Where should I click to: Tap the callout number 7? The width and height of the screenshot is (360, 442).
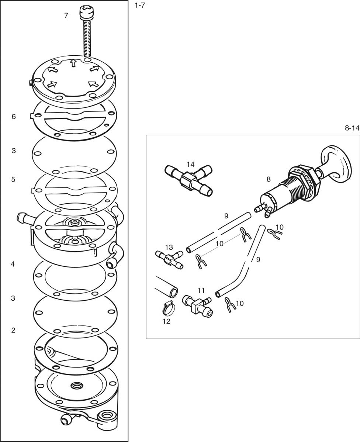pyautogui.click(x=66, y=15)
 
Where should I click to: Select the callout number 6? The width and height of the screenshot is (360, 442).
pyautogui.click(x=14, y=117)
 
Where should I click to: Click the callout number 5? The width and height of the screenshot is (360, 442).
pyautogui.click(x=13, y=179)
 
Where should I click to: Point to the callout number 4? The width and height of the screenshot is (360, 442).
pyautogui.click(x=13, y=264)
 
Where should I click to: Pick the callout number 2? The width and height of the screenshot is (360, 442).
pyautogui.click(x=13, y=330)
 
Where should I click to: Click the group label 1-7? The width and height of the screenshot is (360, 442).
pyautogui.click(x=140, y=6)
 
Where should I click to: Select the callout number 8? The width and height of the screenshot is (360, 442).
pyautogui.click(x=269, y=179)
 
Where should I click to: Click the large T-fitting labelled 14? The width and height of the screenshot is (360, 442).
pyautogui.click(x=188, y=180)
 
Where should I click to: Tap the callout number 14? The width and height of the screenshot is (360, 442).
pyautogui.click(x=191, y=164)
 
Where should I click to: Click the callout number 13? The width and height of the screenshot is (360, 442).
pyautogui.click(x=169, y=247)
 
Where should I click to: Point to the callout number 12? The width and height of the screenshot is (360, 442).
pyautogui.click(x=167, y=321)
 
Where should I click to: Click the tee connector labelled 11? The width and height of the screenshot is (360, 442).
pyautogui.click(x=197, y=306)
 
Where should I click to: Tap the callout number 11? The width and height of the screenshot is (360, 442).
pyautogui.click(x=201, y=290)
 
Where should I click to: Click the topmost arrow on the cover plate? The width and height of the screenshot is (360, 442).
pyautogui.click(x=73, y=63)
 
